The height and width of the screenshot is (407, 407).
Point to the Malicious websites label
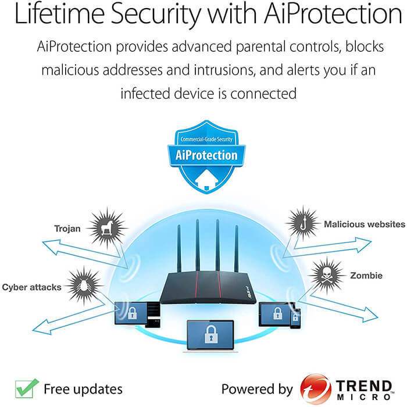(364, 224)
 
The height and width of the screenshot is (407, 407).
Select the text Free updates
(83, 388)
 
